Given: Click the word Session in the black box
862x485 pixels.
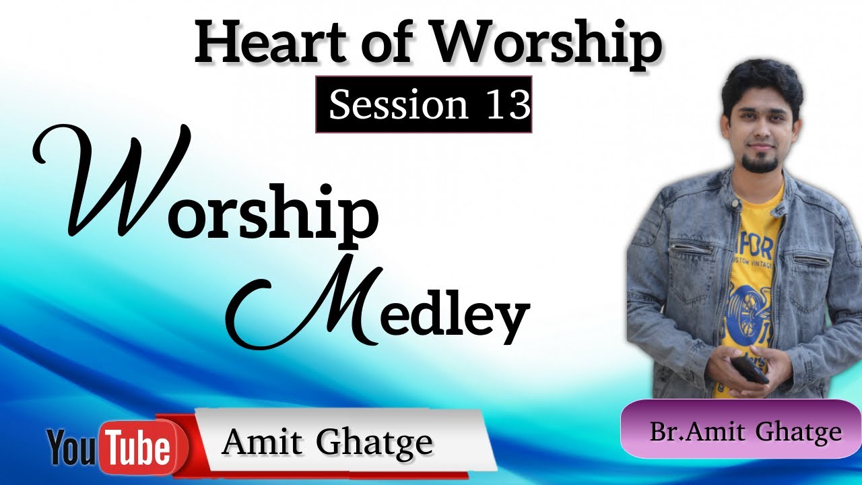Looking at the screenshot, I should (x=398, y=105).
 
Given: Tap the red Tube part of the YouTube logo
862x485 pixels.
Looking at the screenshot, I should (x=139, y=445).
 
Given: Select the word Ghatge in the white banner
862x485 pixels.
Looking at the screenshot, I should (x=374, y=443).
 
